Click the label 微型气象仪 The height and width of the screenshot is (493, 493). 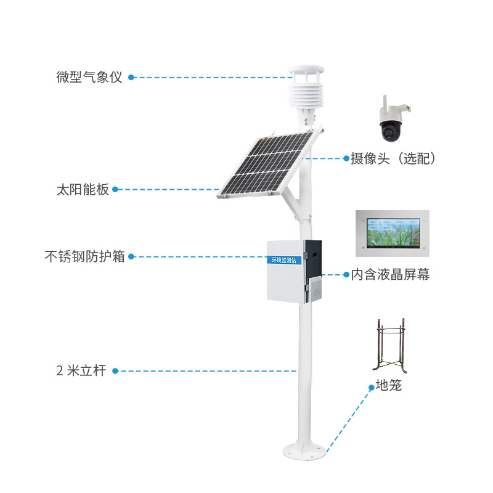tap(89, 78)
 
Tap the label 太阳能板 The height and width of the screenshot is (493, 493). tap(83, 189)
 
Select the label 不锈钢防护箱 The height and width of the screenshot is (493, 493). tap(84, 256)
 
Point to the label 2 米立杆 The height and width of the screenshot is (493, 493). tap(81, 371)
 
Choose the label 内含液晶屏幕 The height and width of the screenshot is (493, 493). tap(390, 275)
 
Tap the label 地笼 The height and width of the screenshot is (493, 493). tap(389, 386)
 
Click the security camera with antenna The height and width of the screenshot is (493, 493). tap(393, 121)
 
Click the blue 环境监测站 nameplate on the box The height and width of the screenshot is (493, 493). tap(284, 260)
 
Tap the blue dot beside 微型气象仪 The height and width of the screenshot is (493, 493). tap(131, 78)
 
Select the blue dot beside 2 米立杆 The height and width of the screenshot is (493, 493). tap(115, 371)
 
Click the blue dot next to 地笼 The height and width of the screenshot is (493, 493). tap(372, 388)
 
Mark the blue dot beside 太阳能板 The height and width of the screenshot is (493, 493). tap(115, 189)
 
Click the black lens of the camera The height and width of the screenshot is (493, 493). tap(391, 130)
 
